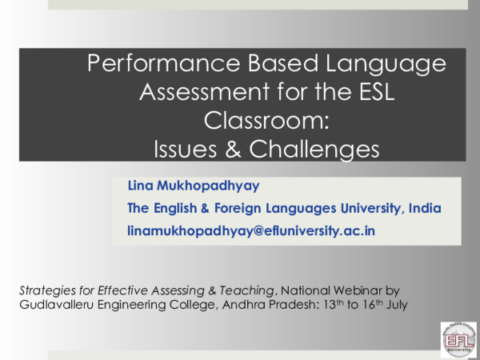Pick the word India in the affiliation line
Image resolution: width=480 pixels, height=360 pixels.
(x=425, y=208)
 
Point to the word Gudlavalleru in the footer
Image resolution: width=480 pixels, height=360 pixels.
(x=55, y=304)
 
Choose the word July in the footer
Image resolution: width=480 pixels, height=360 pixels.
(x=394, y=304)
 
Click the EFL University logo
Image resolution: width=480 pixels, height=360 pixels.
(x=458, y=338)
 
